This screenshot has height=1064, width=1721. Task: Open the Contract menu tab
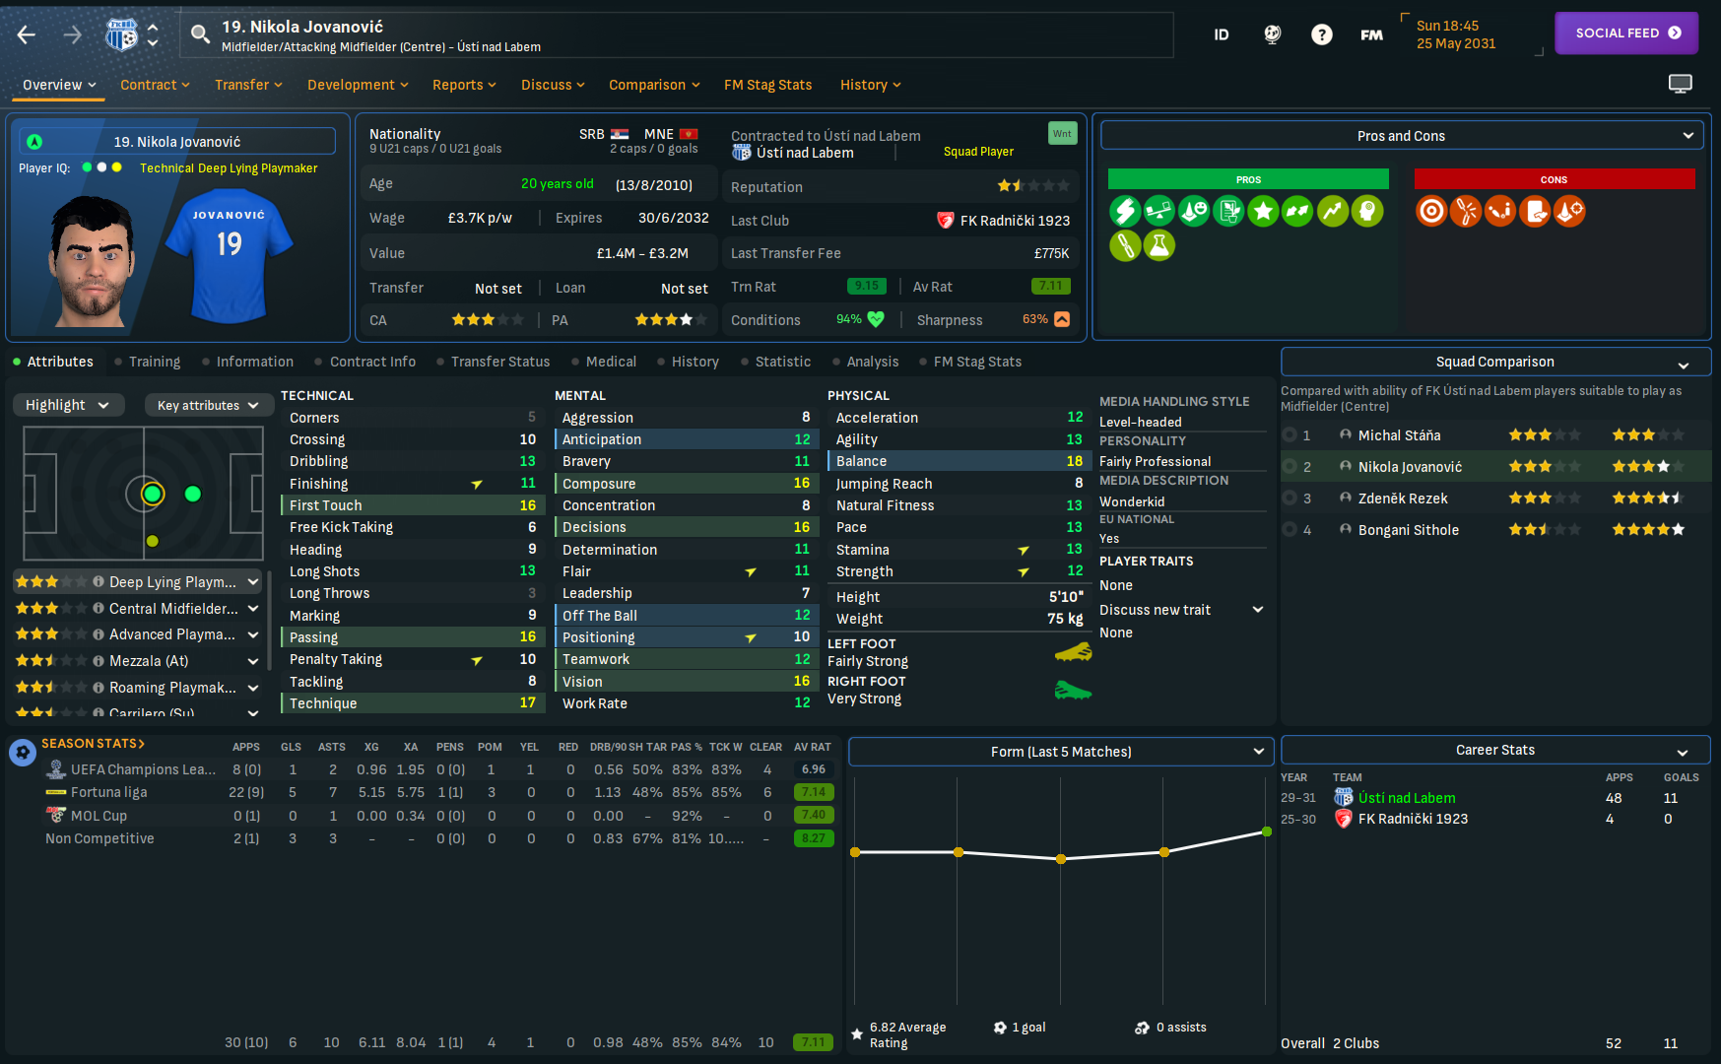pos(154,85)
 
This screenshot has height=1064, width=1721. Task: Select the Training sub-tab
pos(154,362)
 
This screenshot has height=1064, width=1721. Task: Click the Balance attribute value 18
pos(1074,461)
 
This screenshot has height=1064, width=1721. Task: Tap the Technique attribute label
pos(323,703)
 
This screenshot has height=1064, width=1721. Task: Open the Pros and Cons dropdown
pos(1402,136)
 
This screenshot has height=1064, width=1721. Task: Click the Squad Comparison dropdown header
pos(1494,362)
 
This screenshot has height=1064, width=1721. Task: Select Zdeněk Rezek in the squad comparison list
pos(1403,499)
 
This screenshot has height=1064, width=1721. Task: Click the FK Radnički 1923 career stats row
pos(1413,819)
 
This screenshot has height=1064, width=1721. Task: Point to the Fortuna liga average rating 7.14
pos(814,792)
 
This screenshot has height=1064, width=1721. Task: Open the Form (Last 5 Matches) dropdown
pos(1061,752)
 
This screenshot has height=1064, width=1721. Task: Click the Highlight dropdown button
pos(67,405)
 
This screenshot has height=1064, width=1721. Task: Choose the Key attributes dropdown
pos(207,405)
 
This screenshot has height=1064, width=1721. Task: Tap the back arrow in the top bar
pos(27,35)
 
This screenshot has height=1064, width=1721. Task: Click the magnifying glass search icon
pos(200,35)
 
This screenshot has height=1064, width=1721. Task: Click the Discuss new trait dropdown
pos(1180,610)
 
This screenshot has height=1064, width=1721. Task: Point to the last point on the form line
pos(1267,831)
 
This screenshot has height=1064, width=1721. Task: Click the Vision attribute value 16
pos(802,682)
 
